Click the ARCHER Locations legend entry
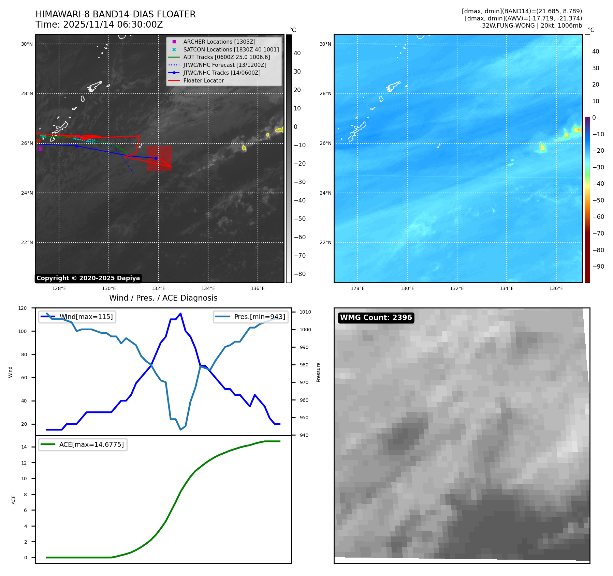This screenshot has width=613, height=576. pyautogui.click(x=219, y=42)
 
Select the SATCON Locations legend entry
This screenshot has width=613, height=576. pyautogui.click(x=231, y=49)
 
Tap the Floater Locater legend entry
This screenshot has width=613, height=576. pyautogui.click(x=203, y=80)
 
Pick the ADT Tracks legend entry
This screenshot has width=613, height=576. pyautogui.click(x=226, y=57)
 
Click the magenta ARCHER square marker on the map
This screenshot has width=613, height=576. pyautogui.click(x=41, y=149)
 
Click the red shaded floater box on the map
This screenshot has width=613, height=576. pyautogui.click(x=159, y=159)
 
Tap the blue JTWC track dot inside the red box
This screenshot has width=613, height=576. pyautogui.click(x=156, y=158)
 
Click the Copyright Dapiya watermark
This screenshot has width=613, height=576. pyautogui.click(x=88, y=278)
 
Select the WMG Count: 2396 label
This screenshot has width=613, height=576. pyautogui.click(x=376, y=318)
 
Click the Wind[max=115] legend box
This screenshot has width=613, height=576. pyautogui.click(x=77, y=317)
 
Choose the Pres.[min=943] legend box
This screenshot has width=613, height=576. pyautogui.click(x=251, y=317)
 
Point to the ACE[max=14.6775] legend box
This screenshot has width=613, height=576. pyautogui.click(x=83, y=444)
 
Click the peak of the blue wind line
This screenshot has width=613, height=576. pyautogui.click(x=180, y=314)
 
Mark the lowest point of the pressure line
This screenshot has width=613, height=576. pyautogui.click(x=181, y=429)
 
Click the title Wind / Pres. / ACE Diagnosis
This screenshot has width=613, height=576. pyautogui.click(x=163, y=298)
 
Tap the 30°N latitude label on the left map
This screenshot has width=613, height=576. pyautogui.click(x=27, y=44)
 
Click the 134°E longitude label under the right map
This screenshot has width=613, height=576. pyautogui.click(x=506, y=288)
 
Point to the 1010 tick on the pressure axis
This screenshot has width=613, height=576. pyautogui.click(x=305, y=312)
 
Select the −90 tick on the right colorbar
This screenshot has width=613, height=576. pyautogui.click(x=598, y=267)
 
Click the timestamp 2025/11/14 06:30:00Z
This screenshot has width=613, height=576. pyautogui.click(x=113, y=25)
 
